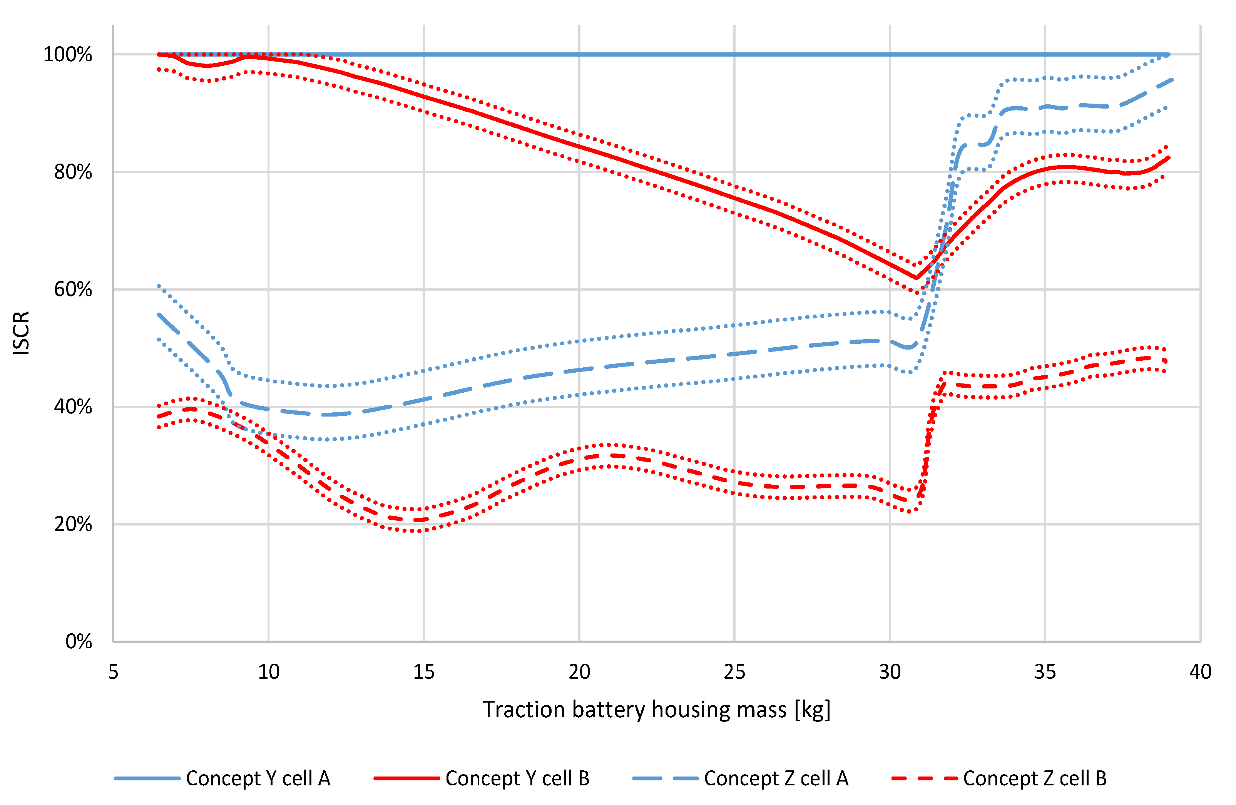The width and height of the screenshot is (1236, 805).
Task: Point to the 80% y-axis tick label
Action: click(72, 172)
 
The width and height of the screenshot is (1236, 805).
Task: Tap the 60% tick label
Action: click(72, 289)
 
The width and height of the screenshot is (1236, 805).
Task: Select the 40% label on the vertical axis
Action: click(72, 407)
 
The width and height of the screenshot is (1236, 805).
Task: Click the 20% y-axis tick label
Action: click(72, 524)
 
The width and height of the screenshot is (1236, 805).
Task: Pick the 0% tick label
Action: click(79, 642)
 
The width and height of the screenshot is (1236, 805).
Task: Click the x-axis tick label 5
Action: click(113, 673)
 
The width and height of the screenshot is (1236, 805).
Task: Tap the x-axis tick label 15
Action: click(424, 673)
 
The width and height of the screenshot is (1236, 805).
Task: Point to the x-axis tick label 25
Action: click(734, 673)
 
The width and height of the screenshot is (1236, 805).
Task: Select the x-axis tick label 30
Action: click(890, 673)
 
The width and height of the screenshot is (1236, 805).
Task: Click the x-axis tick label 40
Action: click(1200, 673)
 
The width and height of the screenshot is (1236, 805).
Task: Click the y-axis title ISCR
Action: click(21, 333)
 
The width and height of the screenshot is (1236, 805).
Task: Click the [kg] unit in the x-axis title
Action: click(812, 710)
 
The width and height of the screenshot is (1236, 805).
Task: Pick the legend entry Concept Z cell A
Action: click(776, 778)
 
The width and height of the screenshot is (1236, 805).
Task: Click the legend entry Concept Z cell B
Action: click(1035, 778)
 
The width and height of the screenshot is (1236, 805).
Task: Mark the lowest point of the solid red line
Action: click(916, 278)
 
